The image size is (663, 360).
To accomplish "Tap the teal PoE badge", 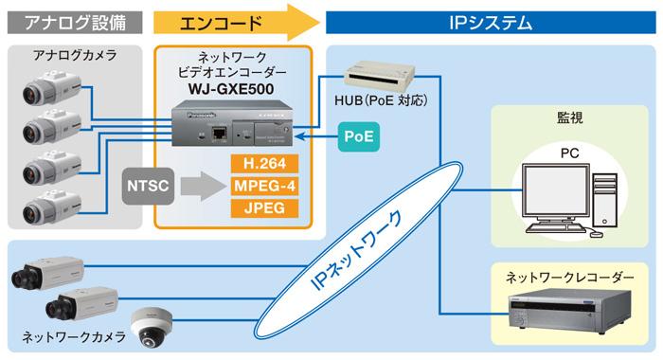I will coord(357,137).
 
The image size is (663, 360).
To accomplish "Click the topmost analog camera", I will coord(41,91).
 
